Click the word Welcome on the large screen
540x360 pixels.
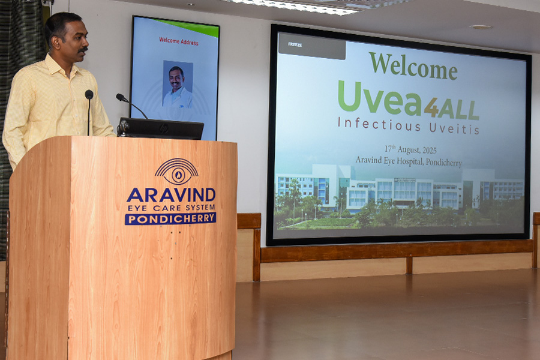point(413,65)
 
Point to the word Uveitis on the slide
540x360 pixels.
point(454,128)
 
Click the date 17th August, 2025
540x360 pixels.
point(410,149)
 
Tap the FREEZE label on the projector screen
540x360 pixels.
point(295,44)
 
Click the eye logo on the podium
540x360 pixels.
point(176,172)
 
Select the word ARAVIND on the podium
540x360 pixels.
point(171,195)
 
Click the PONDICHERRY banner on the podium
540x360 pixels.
point(170,218)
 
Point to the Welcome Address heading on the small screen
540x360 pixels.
point(178,41)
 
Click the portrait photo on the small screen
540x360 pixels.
point(178,84)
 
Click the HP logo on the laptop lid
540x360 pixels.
point(164,128)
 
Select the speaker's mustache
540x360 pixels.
point(83,50)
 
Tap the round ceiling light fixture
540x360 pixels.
point(481,27)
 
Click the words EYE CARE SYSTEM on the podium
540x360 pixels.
point(171,208)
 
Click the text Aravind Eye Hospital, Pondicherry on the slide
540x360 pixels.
point(409,161)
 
